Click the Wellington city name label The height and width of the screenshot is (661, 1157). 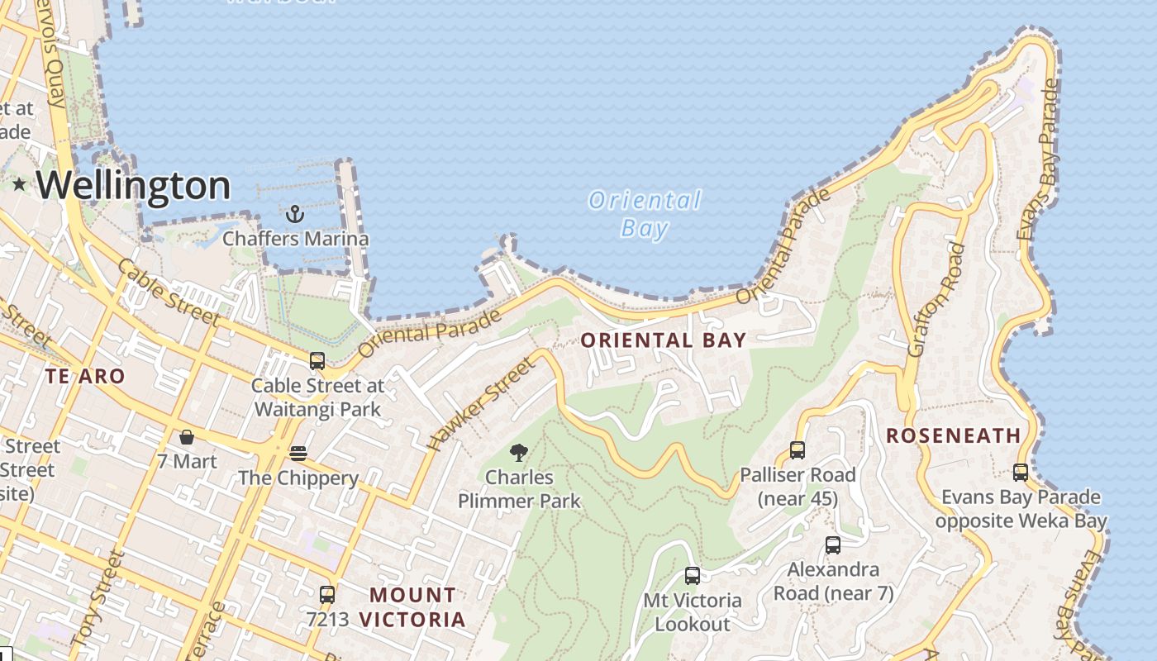point(133,185)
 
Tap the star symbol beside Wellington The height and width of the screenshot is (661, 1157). point(19,184)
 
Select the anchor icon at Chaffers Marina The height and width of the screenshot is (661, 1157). point(295,215)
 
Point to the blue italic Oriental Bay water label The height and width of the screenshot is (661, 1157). point(645,214)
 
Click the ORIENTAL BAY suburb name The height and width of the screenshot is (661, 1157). point(664,340)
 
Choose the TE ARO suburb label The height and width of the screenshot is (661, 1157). point(85,377)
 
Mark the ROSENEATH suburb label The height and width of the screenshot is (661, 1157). point(953,435)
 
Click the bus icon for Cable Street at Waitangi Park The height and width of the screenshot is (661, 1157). point(317,361)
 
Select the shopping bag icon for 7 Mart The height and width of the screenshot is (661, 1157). point(187,437)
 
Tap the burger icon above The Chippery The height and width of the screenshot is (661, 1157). point(298,454)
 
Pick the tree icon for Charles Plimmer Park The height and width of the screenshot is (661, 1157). point(519,452)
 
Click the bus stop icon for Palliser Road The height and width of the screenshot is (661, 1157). point(798,450)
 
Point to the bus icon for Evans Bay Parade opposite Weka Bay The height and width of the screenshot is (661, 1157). point(1021,473)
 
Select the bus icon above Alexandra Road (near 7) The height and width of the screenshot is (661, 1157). point(833,545)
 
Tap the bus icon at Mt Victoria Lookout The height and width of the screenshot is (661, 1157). point(693,576)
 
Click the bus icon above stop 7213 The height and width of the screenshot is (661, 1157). point(327,594)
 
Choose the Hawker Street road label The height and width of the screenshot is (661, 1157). point(481,406)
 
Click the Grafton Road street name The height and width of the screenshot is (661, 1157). point(936,300)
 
